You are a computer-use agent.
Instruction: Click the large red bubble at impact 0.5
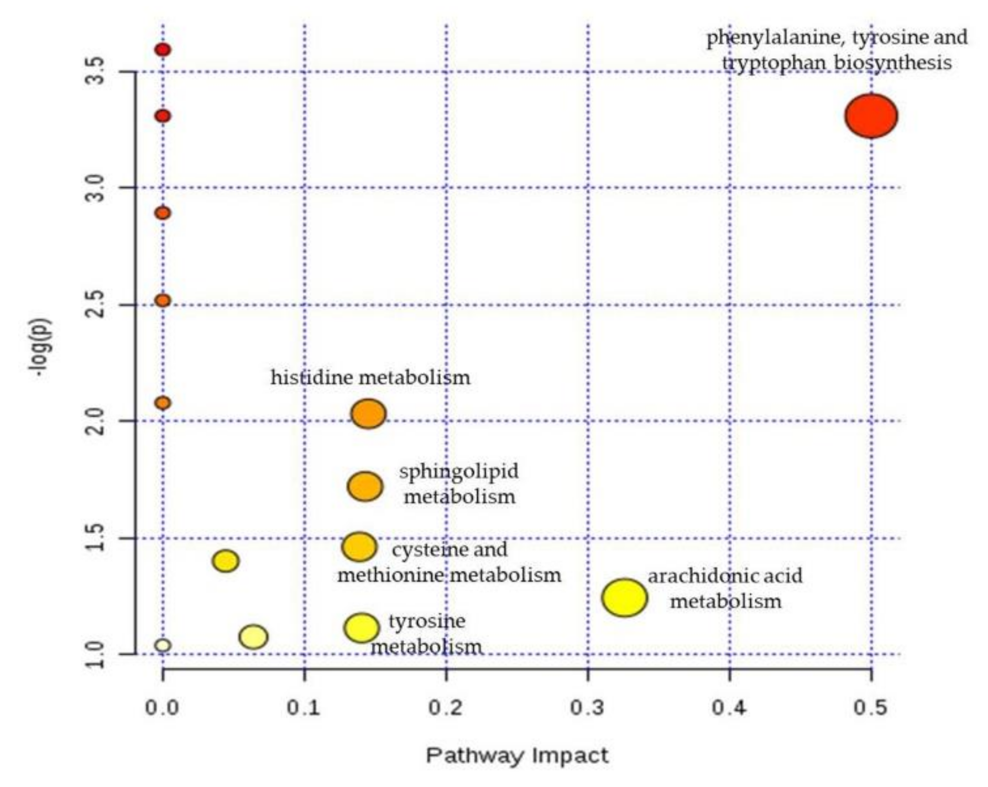click(x=871, y=116)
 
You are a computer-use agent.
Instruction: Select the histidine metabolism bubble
click(x=368, y=413)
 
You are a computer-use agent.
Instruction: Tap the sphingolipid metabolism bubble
click(x=365, y=486)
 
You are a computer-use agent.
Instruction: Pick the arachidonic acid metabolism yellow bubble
click(x=624, y=598)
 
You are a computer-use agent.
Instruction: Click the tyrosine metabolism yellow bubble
click(x=361, y=627)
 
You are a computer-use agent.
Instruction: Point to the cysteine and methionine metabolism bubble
click(x=359, y=546)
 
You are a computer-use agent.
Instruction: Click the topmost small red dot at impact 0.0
click(x=163, y=49)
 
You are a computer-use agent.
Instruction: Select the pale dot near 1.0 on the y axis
click(x=163, y=645)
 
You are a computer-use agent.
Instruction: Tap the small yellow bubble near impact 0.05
click(x=226, y=561)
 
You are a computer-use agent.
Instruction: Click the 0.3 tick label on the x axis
click(x=588, y=708)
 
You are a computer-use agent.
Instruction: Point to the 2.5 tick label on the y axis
click(x=96, y=305)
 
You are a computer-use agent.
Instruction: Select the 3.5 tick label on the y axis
click(x=96, y=71)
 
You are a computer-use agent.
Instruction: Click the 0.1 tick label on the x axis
click(x=304, y=708)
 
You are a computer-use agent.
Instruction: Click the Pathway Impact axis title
click(x=517, y=756)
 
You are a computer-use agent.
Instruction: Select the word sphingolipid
click(x=459, y=472)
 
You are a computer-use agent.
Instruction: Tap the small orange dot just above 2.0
click(x=163, y=403)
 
